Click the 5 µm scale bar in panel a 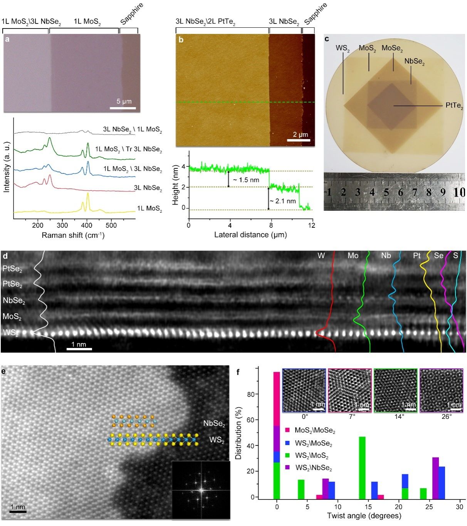pos(123,108)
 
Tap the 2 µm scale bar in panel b pos(299,140)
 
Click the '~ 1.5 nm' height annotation pos(245,180)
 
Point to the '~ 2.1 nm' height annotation pos(283,201)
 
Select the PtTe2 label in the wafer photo pos(454,105)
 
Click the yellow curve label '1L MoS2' pos(150,209)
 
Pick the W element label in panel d pos(321,256)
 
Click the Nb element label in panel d pos(386,256)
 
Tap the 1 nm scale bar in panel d pos(79,349)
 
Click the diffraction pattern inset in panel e pos(201,490)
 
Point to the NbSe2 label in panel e pos(214,424)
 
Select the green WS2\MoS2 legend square pos(287,455)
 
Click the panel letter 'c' pos(327,39)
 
